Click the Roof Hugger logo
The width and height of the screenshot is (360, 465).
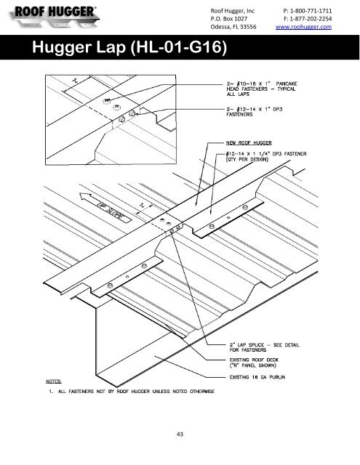tap(55, 16)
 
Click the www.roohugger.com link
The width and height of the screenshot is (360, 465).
tap(303, 27)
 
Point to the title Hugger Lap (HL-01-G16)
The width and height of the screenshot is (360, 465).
tap(129, 46)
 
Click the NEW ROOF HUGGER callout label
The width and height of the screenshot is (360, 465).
tap(249, 143)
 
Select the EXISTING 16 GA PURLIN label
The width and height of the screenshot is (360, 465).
tap(257, 377)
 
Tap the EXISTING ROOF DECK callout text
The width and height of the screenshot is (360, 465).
tap(254, 363)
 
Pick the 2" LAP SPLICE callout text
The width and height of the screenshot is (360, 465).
tap(264, 347)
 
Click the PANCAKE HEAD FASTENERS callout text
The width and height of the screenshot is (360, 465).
tap(262, 89)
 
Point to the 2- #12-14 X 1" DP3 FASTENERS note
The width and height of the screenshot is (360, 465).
tap(255, 112)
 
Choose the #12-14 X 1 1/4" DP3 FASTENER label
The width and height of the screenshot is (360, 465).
tap(266, 157)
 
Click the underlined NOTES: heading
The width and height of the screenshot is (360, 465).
tap(54, 381)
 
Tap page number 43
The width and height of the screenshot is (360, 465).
tap(180, 434)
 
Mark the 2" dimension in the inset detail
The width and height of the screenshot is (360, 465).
tap(76, 80)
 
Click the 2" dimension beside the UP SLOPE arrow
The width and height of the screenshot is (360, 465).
tap(142, 205)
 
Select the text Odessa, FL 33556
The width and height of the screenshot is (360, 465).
tap(233, 27)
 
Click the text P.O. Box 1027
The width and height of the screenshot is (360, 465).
tap(229, 19)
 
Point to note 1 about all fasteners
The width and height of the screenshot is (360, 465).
tap(132, 392)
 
